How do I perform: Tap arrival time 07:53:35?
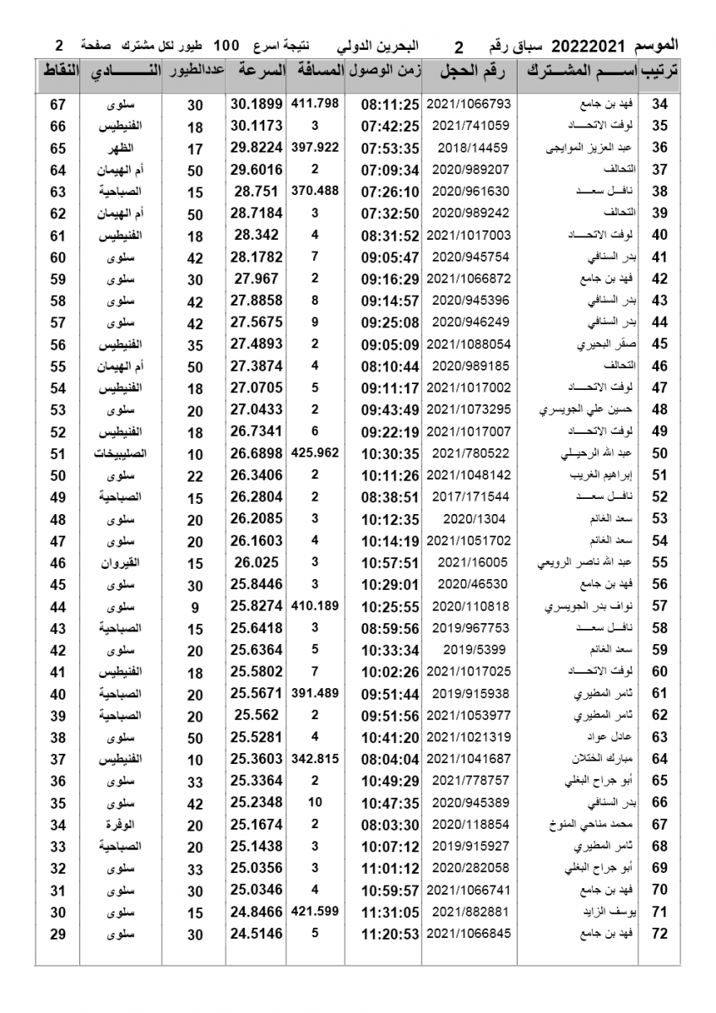pyautogui.click(x=390, y=149)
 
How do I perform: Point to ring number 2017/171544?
pyautogui.click(x=470, y=498)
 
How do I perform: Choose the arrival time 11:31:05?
pyautogui.click(x=390, y=913)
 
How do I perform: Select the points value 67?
pyautogui.click(x=58, y=105)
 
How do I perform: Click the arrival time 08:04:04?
pyautogui.click(x=390, y=760)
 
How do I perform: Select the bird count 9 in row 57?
pyautogui.click(x=195, y=607)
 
